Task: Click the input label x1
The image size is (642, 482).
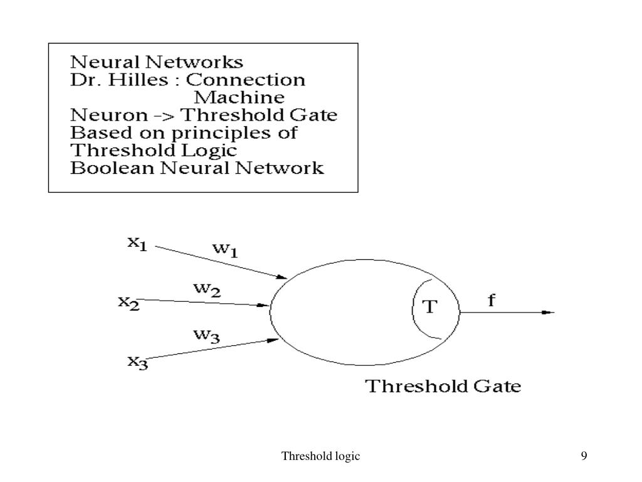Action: click(x=137, y=244)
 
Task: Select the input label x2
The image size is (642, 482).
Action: click(x=129, y=302)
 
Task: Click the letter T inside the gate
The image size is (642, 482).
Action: click(x=430, y=307)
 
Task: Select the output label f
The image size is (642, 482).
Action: click(x=492, y=301)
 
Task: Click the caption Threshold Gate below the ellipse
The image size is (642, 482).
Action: click(x=443, y=385)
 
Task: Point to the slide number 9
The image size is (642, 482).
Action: click(x=584, y=456)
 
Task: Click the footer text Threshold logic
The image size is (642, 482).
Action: click(x=321, y=456)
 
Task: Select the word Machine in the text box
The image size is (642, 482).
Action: click(x=239, y=98)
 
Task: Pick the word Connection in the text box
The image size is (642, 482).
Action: click(x=246, y=80)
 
